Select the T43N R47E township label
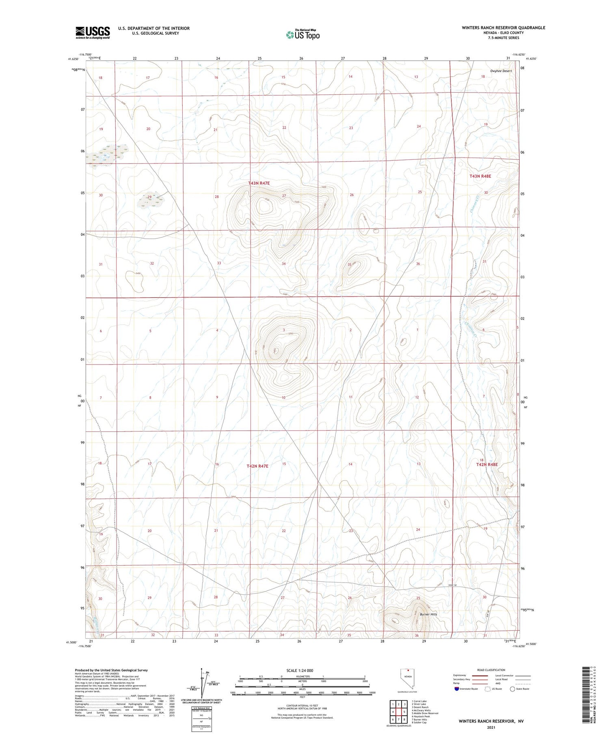click(x=259, y=183)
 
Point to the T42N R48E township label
click(x=486, y=464)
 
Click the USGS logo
click(x=93, y=32)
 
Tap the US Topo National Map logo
click(x=303, y=35)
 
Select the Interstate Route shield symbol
click(x=457, y=689)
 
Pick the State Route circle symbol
click(x=513, y=689)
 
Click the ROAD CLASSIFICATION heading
click(x=491, y=670)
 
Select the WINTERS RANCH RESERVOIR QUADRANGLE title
click(x=503, y=28)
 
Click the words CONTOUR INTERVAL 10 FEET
click(x=302, y=706)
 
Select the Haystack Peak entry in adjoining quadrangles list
click(x=421, y=716)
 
